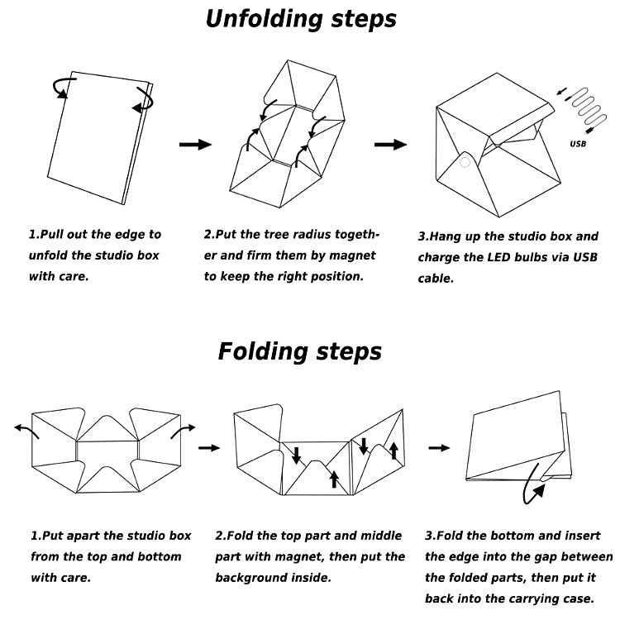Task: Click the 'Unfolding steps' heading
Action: point(300,19)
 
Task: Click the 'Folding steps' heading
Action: point(300,351)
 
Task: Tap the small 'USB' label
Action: point(578,144)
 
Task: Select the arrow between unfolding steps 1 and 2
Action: point(195,145)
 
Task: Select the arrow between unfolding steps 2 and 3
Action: point(390,145)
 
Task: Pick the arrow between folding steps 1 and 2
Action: point(210,447)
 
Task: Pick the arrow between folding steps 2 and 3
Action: point(440,447)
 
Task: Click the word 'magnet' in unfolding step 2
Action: point(352,255)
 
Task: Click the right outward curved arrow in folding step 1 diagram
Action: point(183,431)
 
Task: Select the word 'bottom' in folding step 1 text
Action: point(156,557)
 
